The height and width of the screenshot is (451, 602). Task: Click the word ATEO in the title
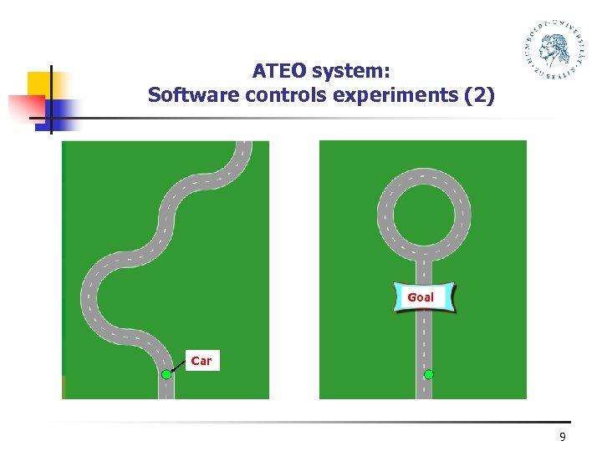[280, 71]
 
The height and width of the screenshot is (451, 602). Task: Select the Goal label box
[424, 297]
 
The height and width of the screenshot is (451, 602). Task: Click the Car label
[202, 361]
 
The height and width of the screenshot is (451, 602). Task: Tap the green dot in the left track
[166, 375]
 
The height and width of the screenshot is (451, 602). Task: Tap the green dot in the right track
[429, 375]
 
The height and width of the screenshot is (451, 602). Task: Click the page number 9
[562, 438]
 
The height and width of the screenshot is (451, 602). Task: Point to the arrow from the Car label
[179, 367]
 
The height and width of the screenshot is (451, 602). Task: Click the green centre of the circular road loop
[424, 215]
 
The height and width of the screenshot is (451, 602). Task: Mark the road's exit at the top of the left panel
[242, 145]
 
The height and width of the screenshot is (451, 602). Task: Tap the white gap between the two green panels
[294, 267]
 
